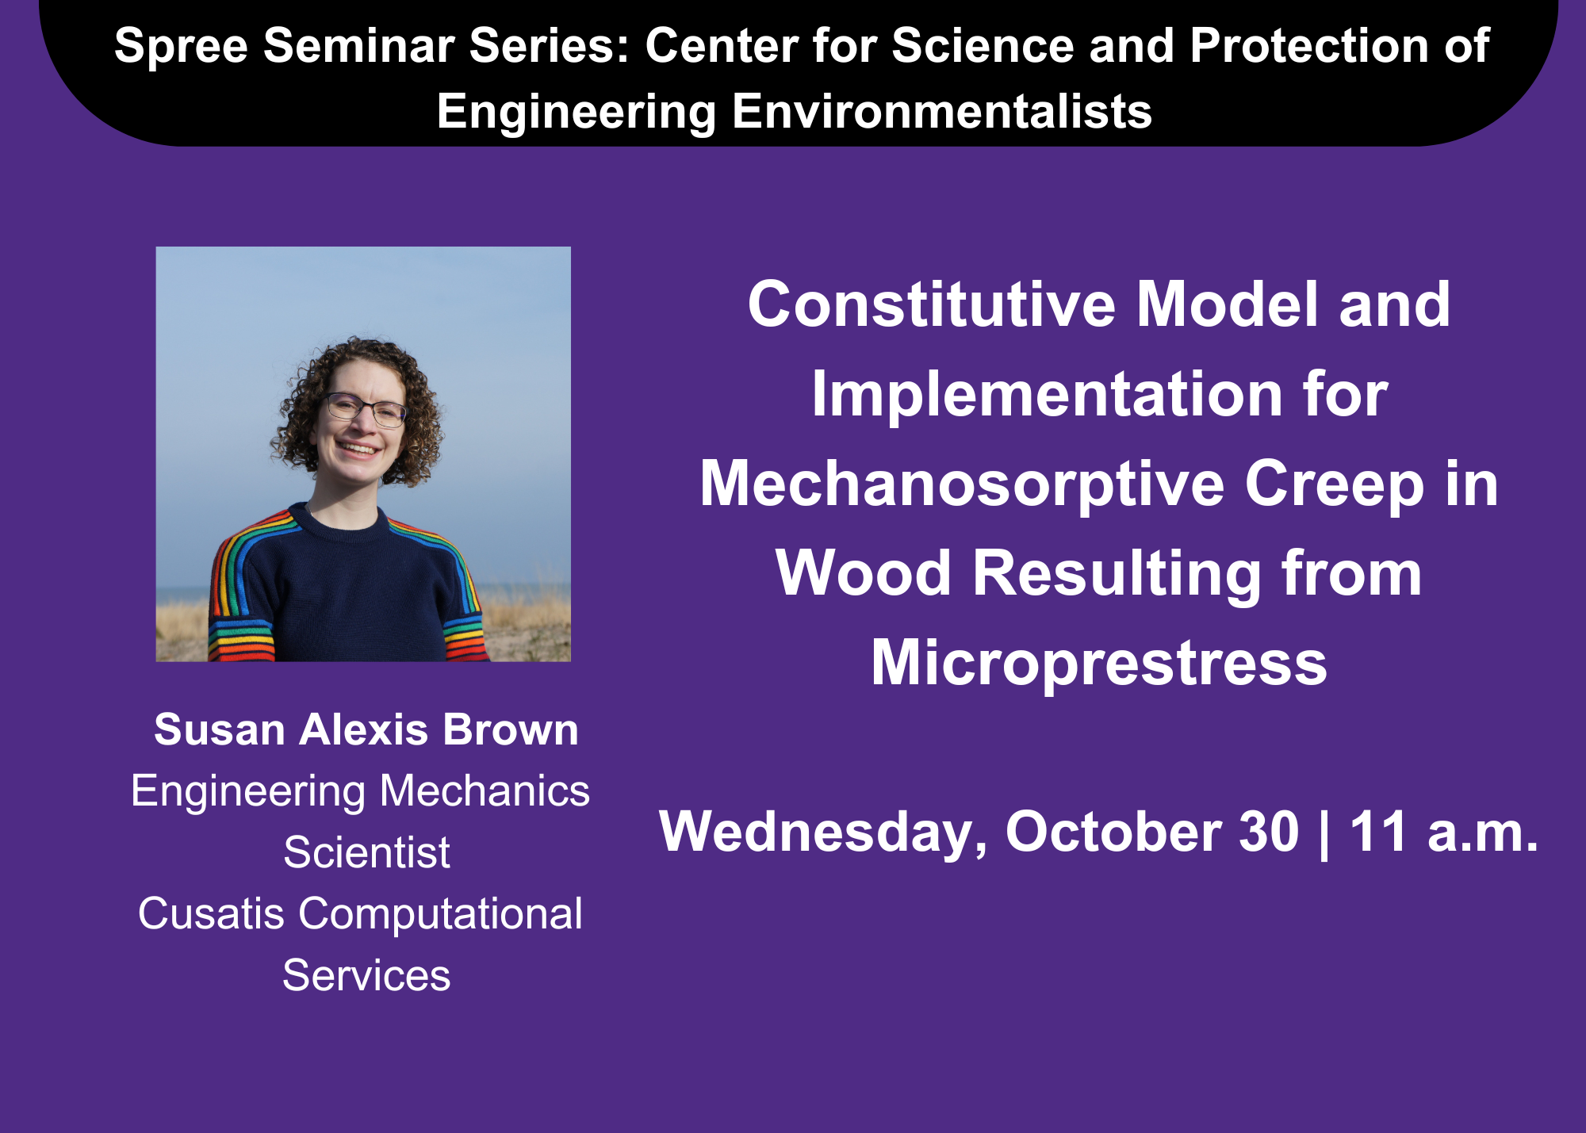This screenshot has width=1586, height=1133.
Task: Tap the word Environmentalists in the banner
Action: (942, 111)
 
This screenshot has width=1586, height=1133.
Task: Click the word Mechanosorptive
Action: (962, 485)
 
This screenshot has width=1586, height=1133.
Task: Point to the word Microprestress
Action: (1099, 664)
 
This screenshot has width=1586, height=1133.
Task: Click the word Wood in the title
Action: (863, 573)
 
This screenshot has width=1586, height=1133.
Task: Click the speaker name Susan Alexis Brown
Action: (366, 729)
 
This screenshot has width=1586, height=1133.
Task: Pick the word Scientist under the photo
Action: (366, 852)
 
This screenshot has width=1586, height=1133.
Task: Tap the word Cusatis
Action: (211, 913)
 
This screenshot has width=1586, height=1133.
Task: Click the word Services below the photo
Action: (366, 975)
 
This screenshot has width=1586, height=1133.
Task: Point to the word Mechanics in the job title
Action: (485, 791)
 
